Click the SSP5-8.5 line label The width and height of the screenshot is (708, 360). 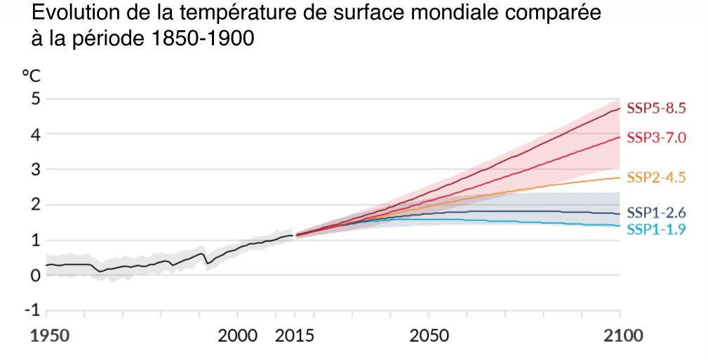655,109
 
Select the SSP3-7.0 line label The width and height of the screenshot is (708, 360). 655,138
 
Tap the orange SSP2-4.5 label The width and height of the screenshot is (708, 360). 655,178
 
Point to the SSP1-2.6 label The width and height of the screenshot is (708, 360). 655,213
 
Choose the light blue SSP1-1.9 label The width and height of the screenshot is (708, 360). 655,228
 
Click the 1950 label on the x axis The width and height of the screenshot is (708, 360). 53,334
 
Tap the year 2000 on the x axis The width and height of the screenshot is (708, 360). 239,334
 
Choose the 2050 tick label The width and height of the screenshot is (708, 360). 429,334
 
